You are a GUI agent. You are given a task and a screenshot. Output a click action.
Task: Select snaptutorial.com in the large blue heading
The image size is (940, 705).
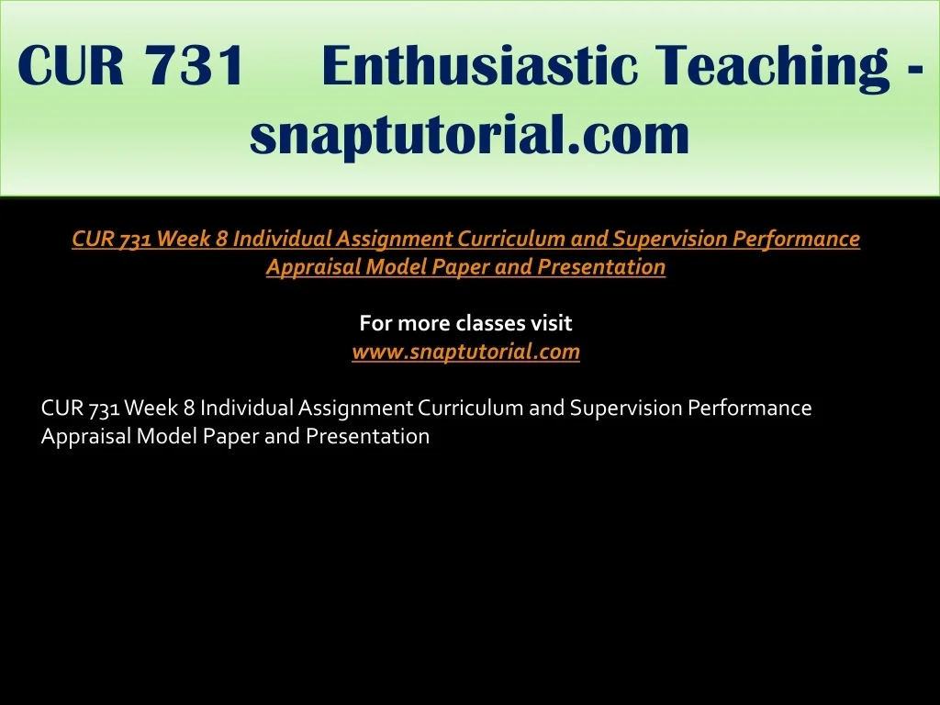click(x=469, y=136)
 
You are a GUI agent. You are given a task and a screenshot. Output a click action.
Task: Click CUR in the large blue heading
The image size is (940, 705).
click(x=71, y=65)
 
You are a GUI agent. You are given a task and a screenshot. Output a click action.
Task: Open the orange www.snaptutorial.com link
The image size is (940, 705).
click(x=465, y=352)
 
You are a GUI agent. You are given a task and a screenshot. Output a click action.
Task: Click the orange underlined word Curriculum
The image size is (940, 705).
click(x=511, y=239)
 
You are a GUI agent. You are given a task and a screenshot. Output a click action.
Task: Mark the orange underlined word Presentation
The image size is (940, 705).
click(x=601, y=267)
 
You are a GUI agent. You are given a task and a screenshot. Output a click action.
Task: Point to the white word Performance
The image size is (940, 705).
click(x=749, y=408)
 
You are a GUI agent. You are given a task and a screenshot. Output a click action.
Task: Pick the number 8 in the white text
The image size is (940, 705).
click(x=189, y=408)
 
